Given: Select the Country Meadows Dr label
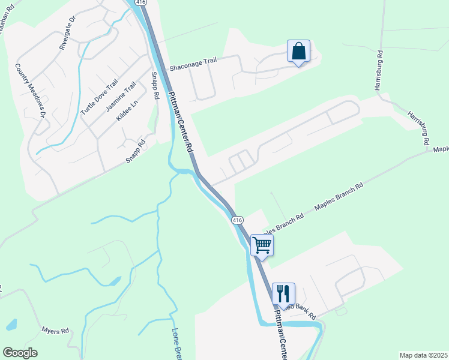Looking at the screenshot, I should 31,91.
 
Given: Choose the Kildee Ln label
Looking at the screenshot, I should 127,110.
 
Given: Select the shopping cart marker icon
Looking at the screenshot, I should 262,245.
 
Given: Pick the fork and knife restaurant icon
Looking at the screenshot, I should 283,293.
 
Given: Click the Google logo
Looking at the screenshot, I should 20,353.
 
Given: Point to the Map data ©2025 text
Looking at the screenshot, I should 423,355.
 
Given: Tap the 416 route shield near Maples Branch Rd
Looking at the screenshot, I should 238,220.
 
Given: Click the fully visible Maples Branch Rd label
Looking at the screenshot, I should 339,196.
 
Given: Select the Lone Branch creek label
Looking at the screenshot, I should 176,344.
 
